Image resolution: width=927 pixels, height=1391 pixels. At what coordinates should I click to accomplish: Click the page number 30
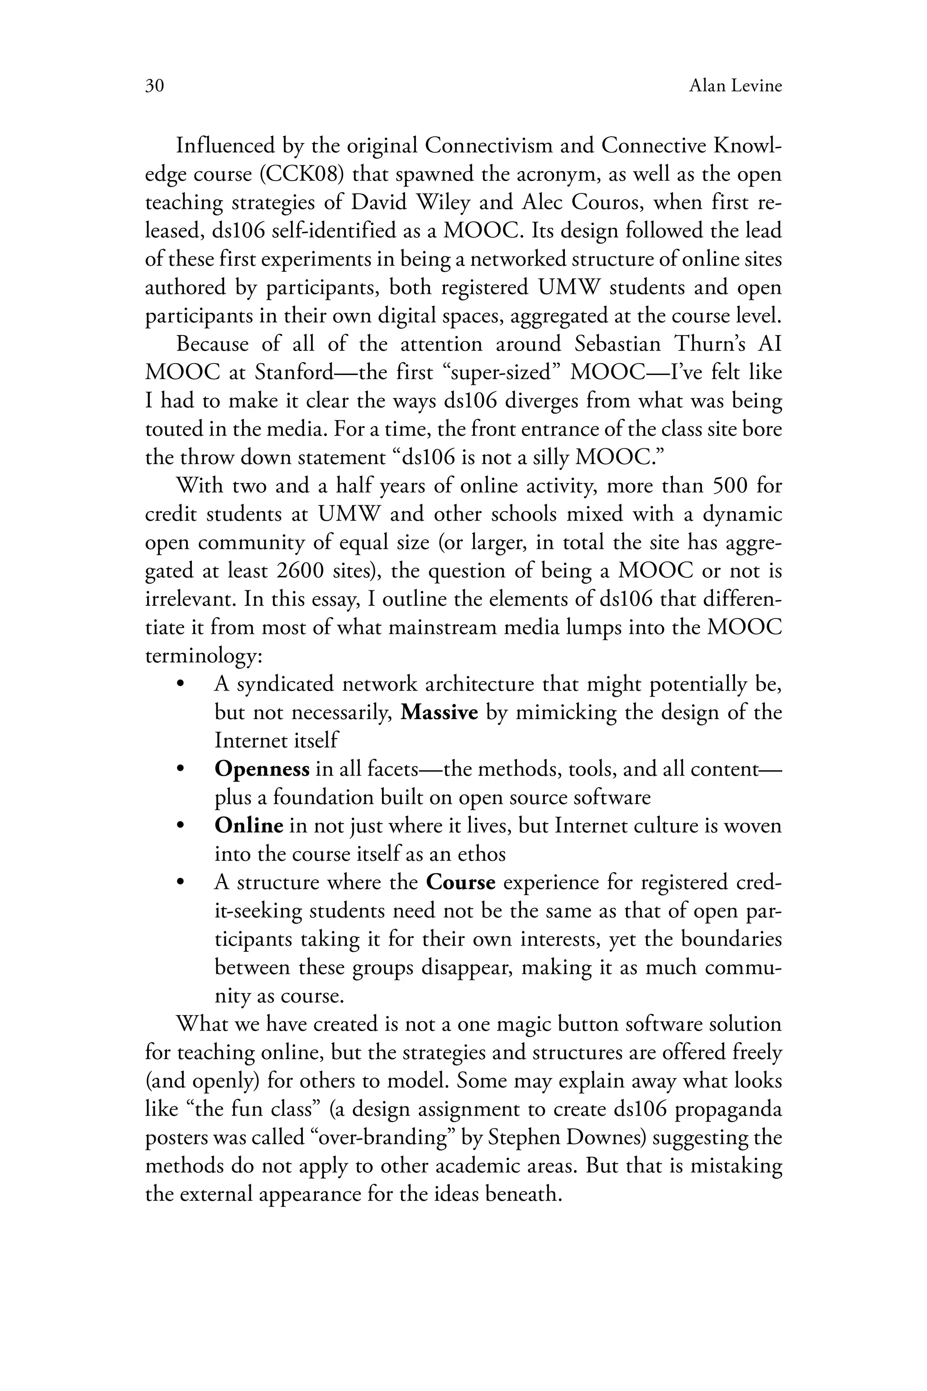[x=154, y=86]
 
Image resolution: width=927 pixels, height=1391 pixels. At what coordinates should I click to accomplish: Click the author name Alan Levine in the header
[x=735, y=86]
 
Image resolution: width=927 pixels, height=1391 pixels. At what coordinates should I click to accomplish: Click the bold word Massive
[x=439, y=713]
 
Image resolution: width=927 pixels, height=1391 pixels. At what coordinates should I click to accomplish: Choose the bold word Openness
[x=262, y=769]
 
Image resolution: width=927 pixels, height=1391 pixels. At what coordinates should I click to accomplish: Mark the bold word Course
[x=460, y=883]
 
